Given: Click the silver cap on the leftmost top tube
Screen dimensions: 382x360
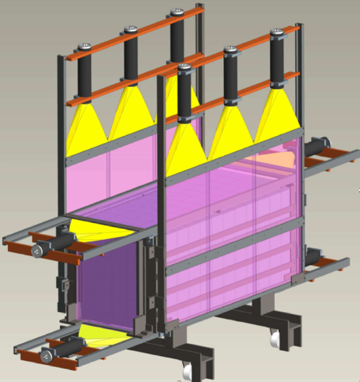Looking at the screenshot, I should pyautogui.click(x=85, y=48).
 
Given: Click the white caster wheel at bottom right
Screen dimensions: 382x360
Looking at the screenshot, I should pyautogui.click(x=274, y=338).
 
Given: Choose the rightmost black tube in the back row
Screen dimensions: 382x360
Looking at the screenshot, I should pyautogui.click(x=176, y=38).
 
